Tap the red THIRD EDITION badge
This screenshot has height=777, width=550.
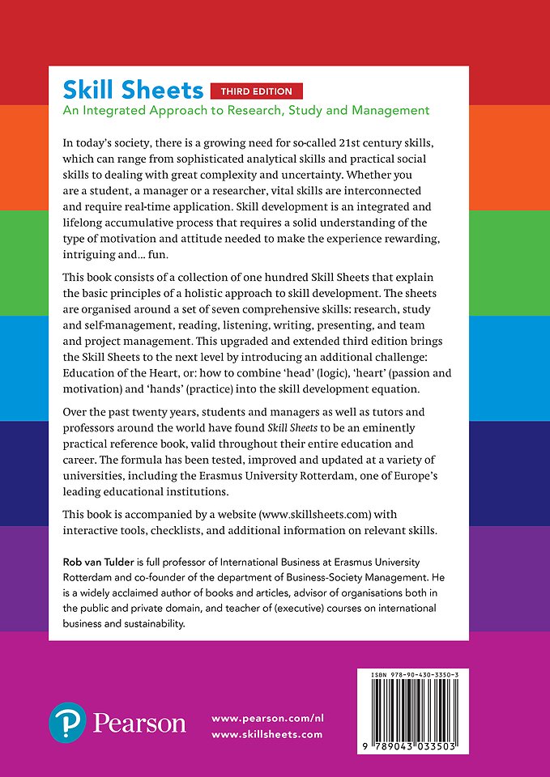[256, 91]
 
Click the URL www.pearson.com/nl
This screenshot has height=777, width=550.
[266, 718]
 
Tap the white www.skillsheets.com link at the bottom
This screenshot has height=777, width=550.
[266, 735]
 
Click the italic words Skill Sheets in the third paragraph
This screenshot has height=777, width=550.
[292, 429]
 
